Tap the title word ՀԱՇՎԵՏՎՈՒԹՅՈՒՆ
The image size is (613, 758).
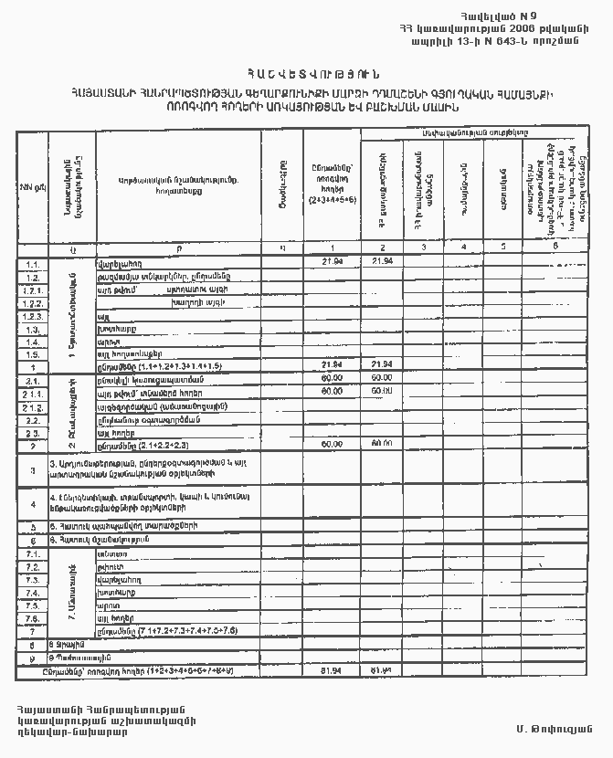(x=308, y=74)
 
